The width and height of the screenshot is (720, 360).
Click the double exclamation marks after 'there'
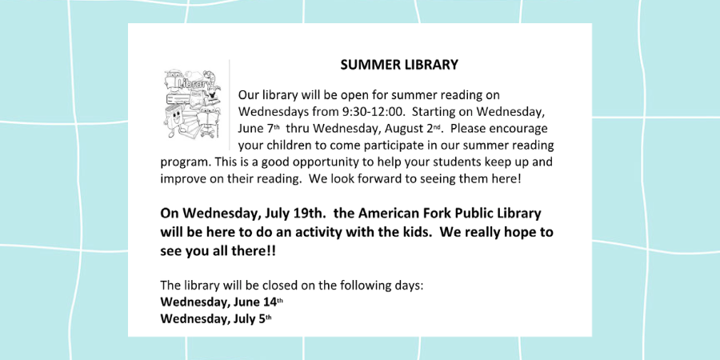pyautogui.click(x=272, y=251)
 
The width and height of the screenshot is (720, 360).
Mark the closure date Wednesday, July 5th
pyautogui.click(x=216, y=318)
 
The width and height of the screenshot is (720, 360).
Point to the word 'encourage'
pyautogui.click(x=520, y=129)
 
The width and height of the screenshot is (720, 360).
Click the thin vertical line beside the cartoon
pyautogui.click(x=229, y=105)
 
